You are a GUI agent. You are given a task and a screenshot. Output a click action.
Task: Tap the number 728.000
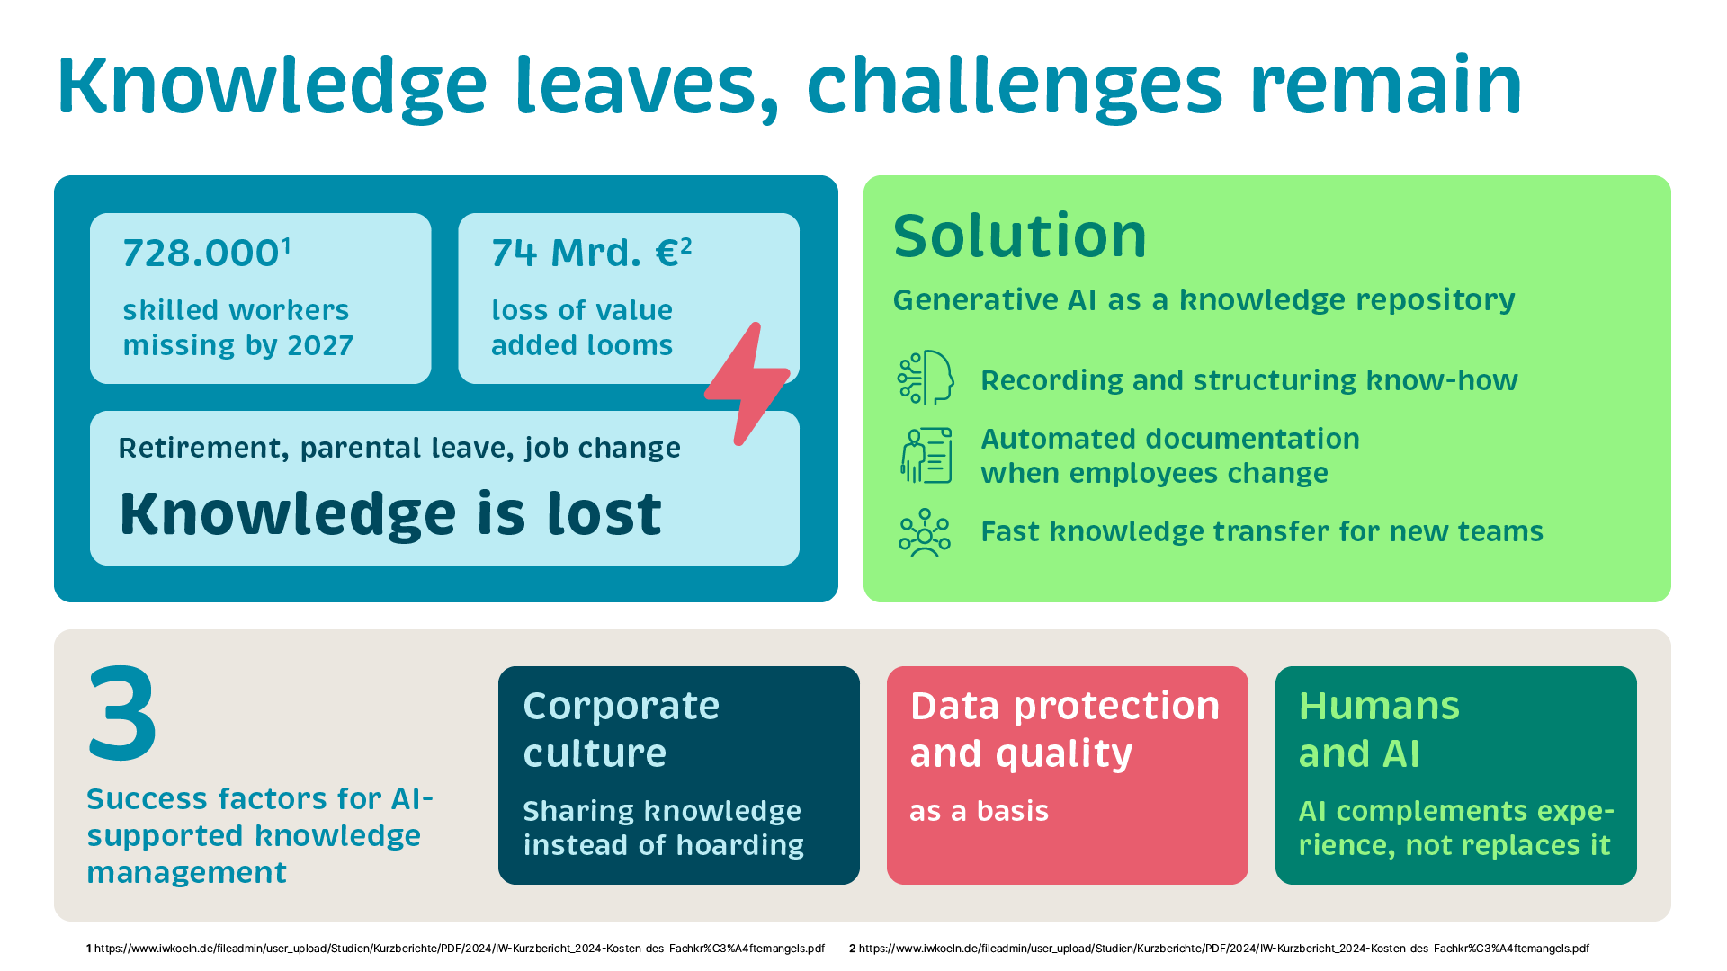click(201, 254)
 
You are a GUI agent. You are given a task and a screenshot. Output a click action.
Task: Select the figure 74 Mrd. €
click(586, 254)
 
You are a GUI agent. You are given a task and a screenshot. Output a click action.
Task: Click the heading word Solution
click(1020, 236)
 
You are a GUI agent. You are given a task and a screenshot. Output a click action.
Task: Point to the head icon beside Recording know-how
click(926, 378)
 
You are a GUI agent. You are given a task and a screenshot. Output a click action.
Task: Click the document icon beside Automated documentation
click(926, 455)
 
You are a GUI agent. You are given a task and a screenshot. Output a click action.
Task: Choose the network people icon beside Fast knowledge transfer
click(925, 533)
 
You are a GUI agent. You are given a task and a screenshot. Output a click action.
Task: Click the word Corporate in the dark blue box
click(622, 706)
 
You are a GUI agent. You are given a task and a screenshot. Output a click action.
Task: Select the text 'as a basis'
click(980, 811)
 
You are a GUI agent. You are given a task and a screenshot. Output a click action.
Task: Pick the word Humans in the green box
click(1379, 706)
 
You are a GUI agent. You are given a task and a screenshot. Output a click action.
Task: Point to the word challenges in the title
click(1015, 86)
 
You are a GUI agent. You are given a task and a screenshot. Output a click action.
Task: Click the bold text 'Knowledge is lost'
click(390, 514)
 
